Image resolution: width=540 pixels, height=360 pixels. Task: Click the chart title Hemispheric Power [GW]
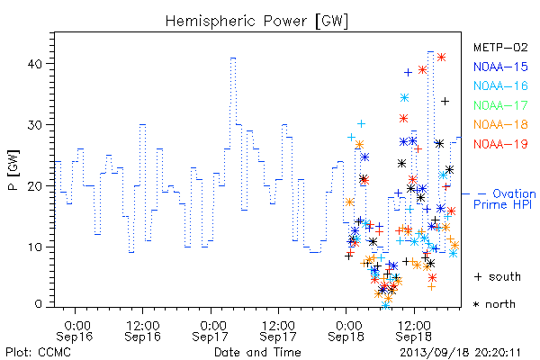256,21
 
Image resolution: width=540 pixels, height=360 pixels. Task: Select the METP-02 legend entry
500,47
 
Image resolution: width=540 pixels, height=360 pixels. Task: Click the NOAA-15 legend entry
500,67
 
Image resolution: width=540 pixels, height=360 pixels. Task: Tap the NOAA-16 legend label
500,85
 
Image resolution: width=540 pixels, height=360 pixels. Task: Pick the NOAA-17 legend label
500,105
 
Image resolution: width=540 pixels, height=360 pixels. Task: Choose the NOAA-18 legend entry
500,124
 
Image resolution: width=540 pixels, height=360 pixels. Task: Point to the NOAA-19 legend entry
500,144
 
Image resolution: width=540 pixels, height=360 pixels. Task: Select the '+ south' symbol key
498,276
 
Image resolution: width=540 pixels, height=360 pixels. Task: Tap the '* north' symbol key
494,304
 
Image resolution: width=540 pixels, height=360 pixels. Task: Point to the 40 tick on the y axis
35,64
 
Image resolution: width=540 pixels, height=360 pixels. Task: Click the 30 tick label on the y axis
35,125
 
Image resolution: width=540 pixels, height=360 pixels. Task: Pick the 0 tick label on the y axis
39,304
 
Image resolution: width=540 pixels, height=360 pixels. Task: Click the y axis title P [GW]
13,170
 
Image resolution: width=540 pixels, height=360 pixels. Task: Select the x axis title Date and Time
257,352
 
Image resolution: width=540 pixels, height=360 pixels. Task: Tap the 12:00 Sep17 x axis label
278,331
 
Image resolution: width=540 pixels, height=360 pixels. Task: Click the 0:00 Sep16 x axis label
75,331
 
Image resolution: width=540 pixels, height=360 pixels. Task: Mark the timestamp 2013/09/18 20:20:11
460,353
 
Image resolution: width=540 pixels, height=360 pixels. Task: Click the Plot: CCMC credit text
38,353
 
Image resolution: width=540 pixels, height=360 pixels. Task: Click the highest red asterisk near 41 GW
442,58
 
